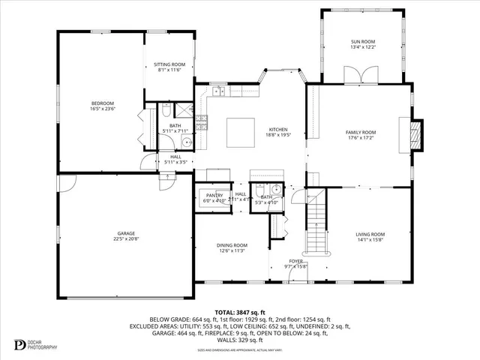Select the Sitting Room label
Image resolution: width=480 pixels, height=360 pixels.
click(169, 65)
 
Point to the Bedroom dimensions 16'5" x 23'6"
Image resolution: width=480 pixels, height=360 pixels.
click(103, 109)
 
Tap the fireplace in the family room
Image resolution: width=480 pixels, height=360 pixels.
click(418, 133)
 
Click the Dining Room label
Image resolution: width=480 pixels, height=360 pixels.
click(232, 245)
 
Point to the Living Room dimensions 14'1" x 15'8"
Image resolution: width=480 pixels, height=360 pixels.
click(370, 241)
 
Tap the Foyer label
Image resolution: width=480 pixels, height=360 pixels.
click(307, 261)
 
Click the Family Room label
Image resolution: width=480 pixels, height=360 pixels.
click(360, 132)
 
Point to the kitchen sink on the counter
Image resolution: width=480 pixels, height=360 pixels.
click(217, 91)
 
